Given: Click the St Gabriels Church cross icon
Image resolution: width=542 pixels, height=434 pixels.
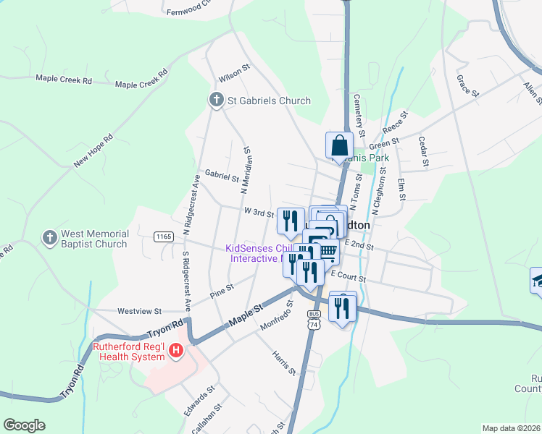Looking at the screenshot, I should tap(216, 101).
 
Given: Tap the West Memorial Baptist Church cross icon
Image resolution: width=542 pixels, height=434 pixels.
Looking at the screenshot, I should tap(49, 238).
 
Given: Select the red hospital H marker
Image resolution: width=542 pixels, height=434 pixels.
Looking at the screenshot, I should tap(175, 352).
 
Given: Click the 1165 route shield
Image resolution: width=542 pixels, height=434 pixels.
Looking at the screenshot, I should tap(163, 237).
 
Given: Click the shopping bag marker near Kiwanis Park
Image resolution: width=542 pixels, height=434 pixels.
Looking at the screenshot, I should tap(339, 146).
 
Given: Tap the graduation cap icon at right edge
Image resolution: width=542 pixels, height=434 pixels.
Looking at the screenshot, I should tap(537, 279).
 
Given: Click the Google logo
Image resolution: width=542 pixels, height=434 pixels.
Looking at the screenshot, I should tap(24, 425).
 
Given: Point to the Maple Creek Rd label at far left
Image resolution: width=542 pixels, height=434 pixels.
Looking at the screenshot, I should tap(64, 79).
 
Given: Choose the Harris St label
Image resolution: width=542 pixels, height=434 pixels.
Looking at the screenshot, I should tap(284, 364).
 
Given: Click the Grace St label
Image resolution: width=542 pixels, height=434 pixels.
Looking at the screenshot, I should tap(468, 85).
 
